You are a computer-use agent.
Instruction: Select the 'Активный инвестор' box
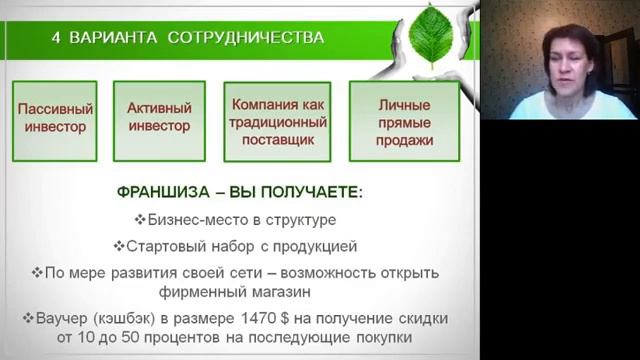pyautogui.click(x=159, y=119)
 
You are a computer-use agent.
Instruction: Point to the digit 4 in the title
pyautogui.click(x=57, y=38)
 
